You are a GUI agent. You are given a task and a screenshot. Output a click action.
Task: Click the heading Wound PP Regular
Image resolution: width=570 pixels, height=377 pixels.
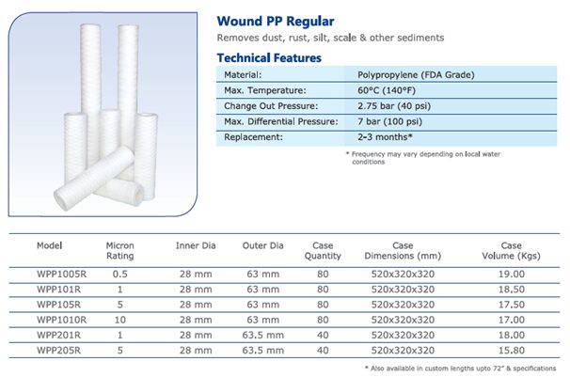pos(276,22)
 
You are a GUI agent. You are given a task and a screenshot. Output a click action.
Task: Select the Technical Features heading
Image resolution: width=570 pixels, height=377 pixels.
pos(269,57)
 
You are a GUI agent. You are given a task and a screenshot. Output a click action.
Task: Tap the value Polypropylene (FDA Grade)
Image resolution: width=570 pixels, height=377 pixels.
pos(416,75)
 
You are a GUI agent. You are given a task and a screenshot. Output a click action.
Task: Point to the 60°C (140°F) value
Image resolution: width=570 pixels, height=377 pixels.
pos(387,90)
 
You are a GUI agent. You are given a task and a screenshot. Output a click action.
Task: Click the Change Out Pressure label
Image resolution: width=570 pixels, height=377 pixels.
pos(271,106)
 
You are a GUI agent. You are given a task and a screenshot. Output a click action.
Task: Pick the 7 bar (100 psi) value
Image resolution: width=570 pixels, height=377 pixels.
pos(389,121)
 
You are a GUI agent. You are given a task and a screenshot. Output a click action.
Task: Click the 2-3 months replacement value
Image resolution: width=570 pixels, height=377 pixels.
pos(385,137)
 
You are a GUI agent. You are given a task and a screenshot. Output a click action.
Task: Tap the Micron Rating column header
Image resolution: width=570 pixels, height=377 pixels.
pos(120,251)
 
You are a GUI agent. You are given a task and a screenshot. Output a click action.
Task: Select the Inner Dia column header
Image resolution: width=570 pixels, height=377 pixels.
pos(196,246)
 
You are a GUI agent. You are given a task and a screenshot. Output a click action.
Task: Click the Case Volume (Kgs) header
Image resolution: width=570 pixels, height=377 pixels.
pos(511,251)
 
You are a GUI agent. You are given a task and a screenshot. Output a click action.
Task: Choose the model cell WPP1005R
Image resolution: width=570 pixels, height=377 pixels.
pos(62,275)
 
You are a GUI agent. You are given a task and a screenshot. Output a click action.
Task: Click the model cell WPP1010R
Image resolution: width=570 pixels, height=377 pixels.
pos(62,320)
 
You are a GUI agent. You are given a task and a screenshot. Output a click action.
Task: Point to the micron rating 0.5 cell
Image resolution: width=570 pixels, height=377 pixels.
pos(120,275)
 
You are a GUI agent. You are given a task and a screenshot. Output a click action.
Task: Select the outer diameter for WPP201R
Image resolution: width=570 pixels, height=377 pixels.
pos(262,336)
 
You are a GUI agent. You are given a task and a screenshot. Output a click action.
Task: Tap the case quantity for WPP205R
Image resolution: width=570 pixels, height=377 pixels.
pos(323,351)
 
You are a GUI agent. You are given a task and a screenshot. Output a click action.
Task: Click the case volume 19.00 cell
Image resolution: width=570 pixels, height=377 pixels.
pos(512,275)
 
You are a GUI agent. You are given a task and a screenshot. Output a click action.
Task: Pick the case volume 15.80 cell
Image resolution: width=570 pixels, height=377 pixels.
pos(512,351)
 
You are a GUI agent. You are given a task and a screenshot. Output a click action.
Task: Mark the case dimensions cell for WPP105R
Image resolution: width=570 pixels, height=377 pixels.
pos(403,305)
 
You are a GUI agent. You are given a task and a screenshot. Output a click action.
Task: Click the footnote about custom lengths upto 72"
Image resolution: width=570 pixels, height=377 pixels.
pos(460,369)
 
